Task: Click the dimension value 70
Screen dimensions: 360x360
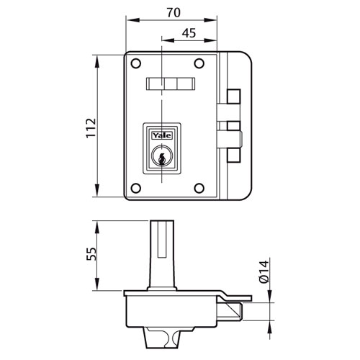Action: (174, 12)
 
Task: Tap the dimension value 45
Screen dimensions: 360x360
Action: (189, 33)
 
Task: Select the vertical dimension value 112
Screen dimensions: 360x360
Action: (91, 127)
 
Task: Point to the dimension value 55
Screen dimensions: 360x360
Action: (91, 254)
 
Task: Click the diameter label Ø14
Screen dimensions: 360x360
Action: (264, 272)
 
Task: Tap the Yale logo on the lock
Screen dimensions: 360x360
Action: (162, 135)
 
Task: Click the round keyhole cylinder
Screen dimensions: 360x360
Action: (162, 156)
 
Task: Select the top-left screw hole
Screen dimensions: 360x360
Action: (136, 63)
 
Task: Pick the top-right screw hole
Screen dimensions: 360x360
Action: (199, 63)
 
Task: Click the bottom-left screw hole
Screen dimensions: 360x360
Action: (136, 188)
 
